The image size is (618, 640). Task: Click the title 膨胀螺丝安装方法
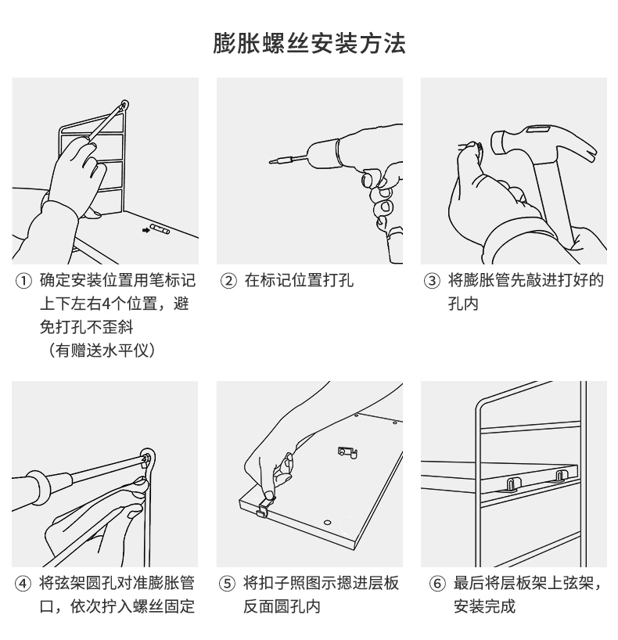click(x=309, y=43)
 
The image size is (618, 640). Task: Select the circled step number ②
click(x=229, y=281)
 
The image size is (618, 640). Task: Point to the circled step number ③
click(x=433, y=281)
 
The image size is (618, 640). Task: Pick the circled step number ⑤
click(x=229, y=584)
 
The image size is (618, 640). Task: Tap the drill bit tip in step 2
click(x=271, y=163)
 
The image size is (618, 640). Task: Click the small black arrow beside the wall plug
click(x=146, y=230)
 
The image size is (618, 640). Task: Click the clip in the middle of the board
click(x=347, y=451)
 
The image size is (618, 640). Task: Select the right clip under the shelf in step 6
click(x=561, y=476)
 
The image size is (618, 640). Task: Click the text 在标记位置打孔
click(x=299, y=281)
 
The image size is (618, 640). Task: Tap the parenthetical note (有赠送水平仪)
click(x=101, y=351)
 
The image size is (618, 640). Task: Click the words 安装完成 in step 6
click(x=485, y=607)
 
